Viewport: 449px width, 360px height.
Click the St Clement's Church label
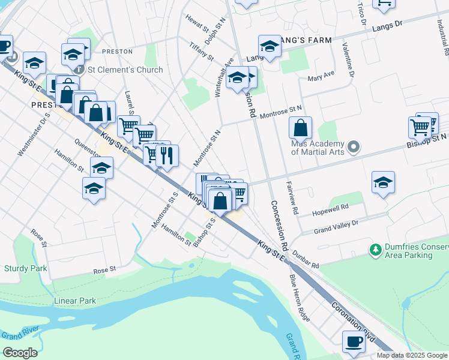click(125, 70)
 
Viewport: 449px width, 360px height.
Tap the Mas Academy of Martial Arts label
click(318, 148)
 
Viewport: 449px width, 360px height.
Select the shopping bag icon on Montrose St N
click(300, 128)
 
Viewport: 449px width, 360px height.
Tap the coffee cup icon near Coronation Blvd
click(354, 342)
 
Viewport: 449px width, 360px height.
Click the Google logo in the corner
click(20, 353)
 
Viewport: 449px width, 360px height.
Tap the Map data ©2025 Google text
click(412, 355)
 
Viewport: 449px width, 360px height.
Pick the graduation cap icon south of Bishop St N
click(383, 182)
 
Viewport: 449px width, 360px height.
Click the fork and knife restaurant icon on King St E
click(167, 155)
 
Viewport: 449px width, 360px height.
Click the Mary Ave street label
click(319, 77)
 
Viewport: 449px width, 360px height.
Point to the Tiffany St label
click(202, 50)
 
